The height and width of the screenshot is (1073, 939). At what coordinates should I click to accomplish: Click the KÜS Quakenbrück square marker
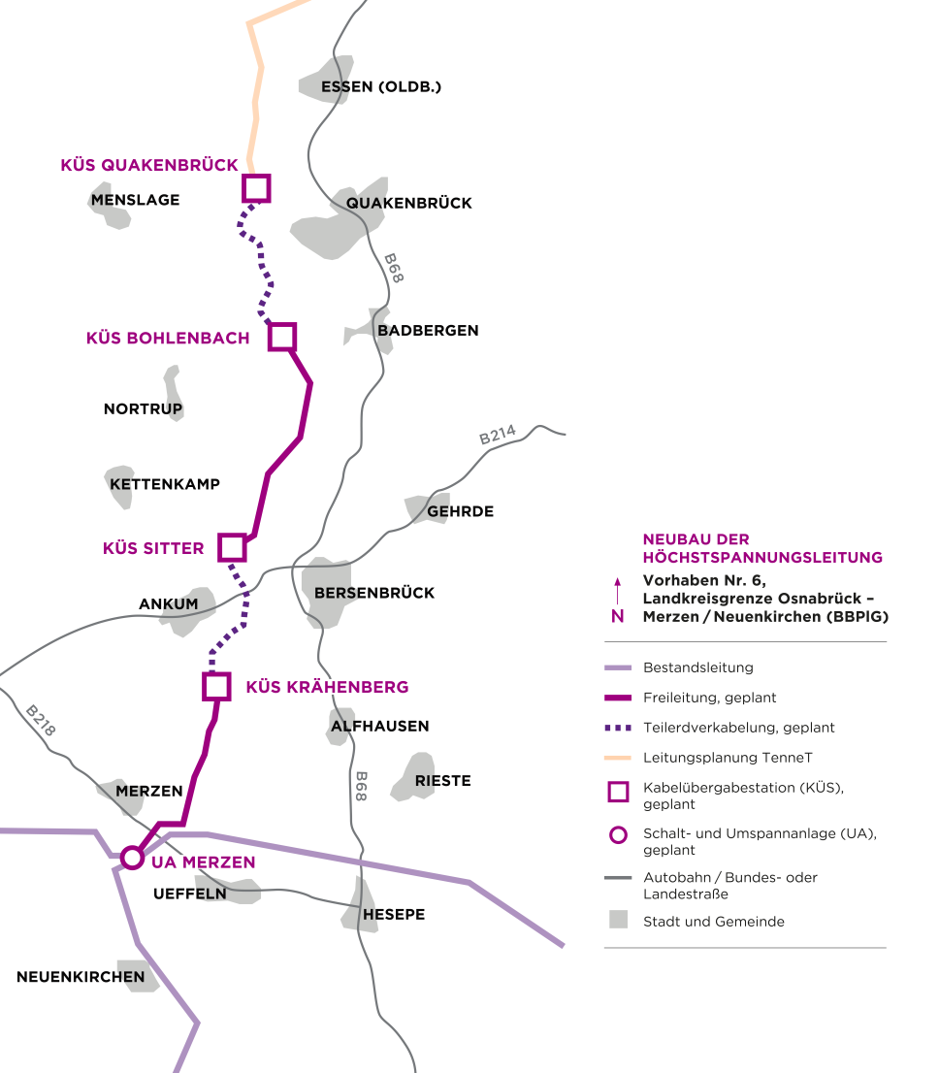coord(256,187)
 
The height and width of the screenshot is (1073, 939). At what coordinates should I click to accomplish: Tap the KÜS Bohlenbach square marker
coord(281,337)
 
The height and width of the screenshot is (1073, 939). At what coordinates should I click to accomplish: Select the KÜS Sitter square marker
coord(232,547)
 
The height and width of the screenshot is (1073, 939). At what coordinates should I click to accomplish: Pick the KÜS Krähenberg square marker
coord(216,686)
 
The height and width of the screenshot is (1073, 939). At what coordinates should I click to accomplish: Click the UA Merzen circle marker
coord(131,859)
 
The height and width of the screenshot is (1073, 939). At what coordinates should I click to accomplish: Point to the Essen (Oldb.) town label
coord(381,86)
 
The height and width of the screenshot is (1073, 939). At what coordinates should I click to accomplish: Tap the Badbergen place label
coord(428,330)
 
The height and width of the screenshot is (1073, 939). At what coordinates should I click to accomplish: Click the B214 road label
coord(498,437)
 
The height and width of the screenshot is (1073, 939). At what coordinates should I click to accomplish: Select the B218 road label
coord(40,721)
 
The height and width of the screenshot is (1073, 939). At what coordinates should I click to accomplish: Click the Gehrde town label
coord(460,511)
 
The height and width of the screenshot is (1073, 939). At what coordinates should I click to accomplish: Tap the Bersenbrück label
coord(374,593)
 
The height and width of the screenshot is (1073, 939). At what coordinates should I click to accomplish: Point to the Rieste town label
coord(442,780)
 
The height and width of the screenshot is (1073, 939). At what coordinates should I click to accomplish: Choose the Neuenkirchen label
coord(81,977)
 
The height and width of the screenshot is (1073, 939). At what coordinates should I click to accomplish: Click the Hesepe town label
coord(394,914)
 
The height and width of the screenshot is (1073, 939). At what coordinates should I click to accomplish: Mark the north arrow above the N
coord(617,591)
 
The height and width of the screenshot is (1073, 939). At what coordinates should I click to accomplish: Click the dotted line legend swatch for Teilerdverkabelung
coord(617,728)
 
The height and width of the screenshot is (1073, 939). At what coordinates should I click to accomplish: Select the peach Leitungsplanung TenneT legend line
coord(617,757)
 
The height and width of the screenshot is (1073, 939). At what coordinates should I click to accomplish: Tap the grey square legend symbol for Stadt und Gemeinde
coord(618,920)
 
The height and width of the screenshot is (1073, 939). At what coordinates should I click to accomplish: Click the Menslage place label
coord(135,200)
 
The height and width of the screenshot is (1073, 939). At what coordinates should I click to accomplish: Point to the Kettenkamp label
coord(165,484)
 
